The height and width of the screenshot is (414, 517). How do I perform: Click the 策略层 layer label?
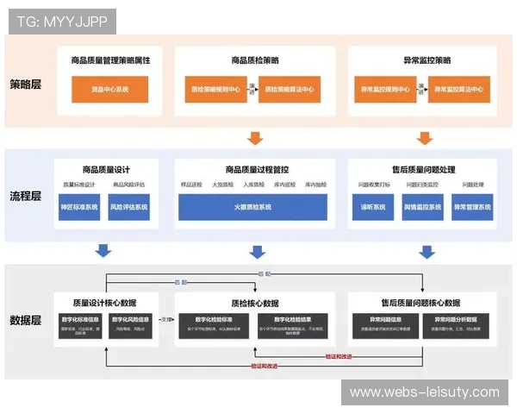coord(28,85)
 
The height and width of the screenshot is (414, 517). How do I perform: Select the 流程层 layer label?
coord(28,196)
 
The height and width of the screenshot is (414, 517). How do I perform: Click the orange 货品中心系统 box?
coord(109,89)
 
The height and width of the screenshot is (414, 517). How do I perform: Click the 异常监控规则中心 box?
coord(385,89)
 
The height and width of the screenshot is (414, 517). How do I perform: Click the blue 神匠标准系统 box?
coord(80,207)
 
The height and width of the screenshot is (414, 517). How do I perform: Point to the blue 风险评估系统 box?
coord(128,207)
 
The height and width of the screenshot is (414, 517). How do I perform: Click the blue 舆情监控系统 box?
coord(422,207)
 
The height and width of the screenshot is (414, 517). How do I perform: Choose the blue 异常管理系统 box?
coord(472,207)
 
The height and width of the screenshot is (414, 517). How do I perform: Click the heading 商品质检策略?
coord(254,60)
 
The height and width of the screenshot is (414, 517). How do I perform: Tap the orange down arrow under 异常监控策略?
coord(424,138)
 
